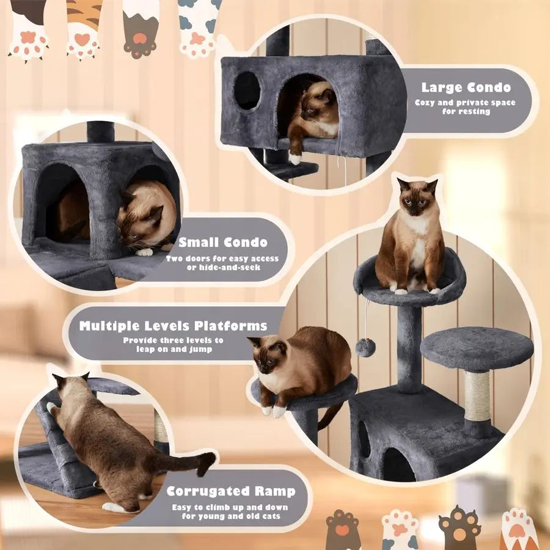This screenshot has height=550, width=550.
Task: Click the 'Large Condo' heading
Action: click(466, 87)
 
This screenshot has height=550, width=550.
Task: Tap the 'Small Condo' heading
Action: click(222, 242)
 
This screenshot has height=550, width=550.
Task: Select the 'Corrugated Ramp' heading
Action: click(231, 491)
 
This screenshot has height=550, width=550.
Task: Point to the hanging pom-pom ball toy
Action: click(366, 348)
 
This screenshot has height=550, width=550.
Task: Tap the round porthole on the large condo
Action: click(248, 90)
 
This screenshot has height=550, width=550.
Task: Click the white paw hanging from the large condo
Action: click(296, 159)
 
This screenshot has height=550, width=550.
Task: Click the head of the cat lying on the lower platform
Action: click(269, 356)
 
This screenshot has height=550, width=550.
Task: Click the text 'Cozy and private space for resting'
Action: click(465, 107)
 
